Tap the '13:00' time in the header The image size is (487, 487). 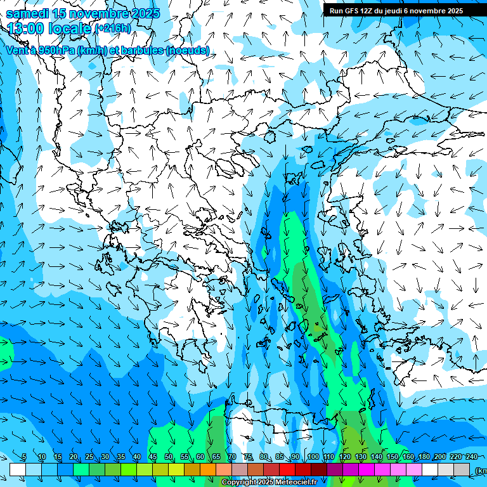click(25, 29)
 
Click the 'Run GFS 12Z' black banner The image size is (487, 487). click(405, 11)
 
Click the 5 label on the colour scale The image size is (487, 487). click(24, 457)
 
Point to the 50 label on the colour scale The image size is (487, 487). click(169, 457)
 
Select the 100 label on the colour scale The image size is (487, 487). click(313, 457)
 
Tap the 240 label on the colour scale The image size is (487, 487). click(472, 457)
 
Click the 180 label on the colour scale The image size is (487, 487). click(424, 457)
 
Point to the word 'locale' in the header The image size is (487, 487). click(70, 29)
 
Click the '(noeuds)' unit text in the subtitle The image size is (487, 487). click(188, 50)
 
